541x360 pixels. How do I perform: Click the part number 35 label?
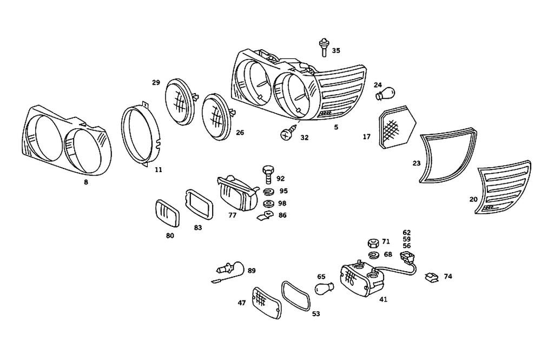tap(336, 51)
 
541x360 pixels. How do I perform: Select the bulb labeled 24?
tap(383, 95)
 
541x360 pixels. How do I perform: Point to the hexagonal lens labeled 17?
tap(398, 130)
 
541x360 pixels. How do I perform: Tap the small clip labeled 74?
tap(431, 277)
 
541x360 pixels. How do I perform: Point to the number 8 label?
tap(86, 182)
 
